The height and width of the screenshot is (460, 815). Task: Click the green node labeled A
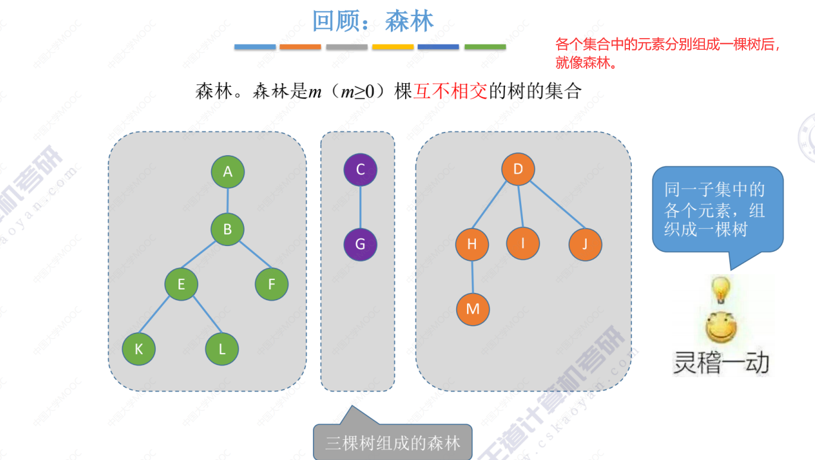click(228, 172)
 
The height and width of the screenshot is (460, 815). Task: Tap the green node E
click(181, 284)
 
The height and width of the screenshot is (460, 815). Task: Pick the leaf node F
click(272, 284)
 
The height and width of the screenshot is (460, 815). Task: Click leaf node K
click(139, 349)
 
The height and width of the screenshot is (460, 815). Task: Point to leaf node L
click(222, 349)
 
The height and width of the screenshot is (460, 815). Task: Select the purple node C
click(361, 170)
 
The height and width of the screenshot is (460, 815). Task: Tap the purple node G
click(361, 244)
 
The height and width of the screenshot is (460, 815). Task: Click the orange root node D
click(518, 169)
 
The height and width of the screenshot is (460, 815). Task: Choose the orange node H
click(472, 244)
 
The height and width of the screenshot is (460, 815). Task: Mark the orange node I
click(524, 242)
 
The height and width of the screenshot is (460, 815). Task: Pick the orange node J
click(585, 244)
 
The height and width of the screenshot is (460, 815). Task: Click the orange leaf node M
click(473, 309)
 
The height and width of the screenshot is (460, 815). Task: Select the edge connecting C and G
click(361, 207)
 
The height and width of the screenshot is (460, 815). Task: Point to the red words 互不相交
click(450, 91)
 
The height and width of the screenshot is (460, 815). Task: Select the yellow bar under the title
click(393, 47)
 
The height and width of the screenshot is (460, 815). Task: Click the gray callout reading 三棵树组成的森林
click(393, 443)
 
